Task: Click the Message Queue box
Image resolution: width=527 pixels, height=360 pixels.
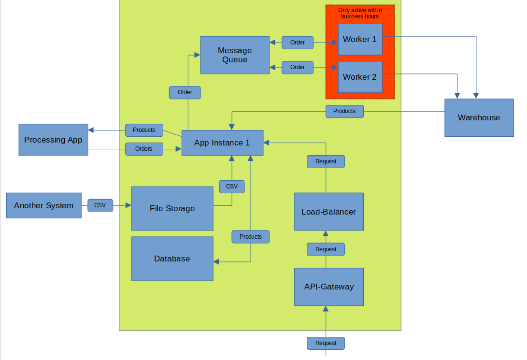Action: [235, 55]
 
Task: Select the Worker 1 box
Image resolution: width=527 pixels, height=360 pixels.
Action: [360, 39]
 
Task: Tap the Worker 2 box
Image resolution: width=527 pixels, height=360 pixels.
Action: [360, 77]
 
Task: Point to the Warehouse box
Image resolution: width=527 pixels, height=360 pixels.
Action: [479, 117]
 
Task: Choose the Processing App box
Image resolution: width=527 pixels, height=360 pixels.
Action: [53, 140]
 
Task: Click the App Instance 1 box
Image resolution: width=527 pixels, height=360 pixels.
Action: [222, 143]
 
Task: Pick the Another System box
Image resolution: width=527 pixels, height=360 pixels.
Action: [44, 205]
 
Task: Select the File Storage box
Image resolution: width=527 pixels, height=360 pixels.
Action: [172, 208]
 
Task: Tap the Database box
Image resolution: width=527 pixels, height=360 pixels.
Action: [172, 259]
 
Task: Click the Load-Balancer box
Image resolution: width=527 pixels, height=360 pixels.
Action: [328, 212]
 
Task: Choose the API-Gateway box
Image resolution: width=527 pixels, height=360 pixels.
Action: [328, 287]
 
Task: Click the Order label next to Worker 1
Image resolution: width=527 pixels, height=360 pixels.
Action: [298, 43]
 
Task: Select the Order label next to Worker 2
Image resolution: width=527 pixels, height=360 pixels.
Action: [298, 67]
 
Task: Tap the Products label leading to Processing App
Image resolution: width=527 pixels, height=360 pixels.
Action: [144, 130]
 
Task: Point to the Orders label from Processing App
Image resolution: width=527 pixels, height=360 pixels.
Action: [144, 149]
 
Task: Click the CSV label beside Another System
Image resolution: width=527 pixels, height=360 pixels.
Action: [100, 205]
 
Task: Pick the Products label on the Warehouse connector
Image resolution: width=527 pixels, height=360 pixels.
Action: [344, 111]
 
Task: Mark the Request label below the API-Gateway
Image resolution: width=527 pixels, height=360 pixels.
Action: [326, 343]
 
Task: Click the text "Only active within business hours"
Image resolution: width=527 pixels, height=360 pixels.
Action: [360, 13]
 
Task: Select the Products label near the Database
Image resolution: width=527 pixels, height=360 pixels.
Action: [251, 237]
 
